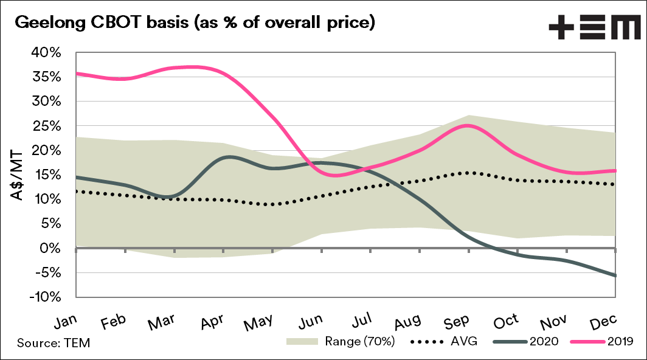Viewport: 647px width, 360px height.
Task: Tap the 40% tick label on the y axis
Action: (x=46, y=53)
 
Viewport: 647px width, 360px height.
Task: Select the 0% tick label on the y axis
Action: (x=51, y=249)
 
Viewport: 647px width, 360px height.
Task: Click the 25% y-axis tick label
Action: (x=47, y=126)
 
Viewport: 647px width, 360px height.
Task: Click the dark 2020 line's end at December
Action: (x=616, y=275)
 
